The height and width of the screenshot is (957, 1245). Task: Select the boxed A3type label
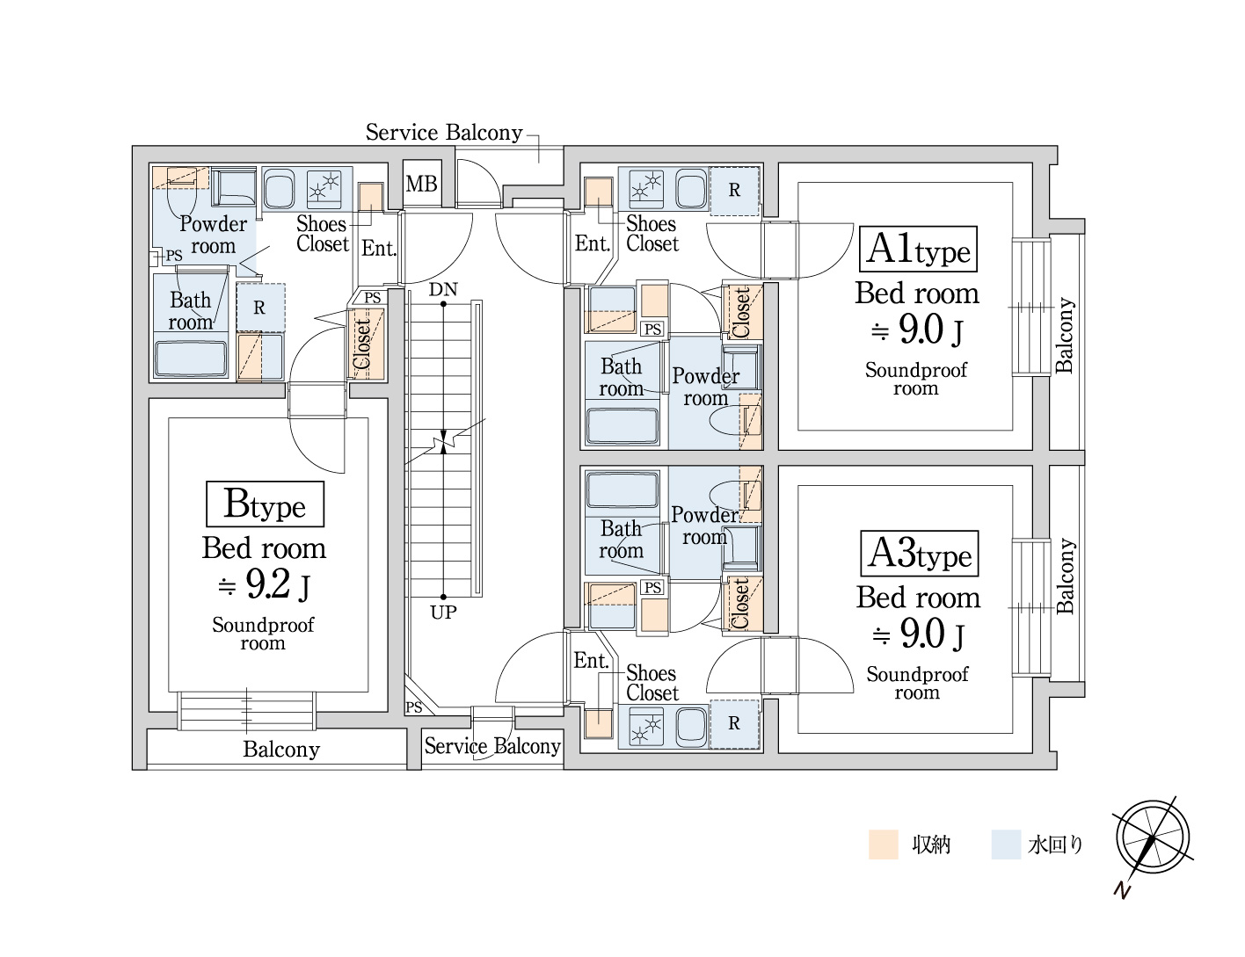coord(920,554)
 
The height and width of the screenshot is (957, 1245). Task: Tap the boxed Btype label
coord(265,504)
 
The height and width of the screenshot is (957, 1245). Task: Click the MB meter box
coord(421,184)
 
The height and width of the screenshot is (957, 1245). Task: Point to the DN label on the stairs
coord(443,289)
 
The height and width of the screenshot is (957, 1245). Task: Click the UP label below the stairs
coord(443,612)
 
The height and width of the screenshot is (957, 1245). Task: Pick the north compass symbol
coord(1152,838)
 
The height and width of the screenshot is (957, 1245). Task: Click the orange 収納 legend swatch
coord(883,845)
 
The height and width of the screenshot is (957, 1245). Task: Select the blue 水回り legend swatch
coord(1005,845)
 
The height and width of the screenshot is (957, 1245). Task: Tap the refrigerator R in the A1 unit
coord(734,190)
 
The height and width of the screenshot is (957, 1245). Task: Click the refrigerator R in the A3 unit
coord(734,723)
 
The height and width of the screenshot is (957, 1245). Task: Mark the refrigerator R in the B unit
coord(259,308)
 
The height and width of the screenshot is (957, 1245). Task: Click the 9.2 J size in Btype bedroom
coord(264,584)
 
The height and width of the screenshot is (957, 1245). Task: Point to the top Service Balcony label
coord(444,133)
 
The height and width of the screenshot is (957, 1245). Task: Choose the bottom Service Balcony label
coord(492,746)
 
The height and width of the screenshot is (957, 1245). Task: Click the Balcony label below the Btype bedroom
coord(281,750)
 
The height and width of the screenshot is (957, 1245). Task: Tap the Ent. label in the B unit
coord(379,249)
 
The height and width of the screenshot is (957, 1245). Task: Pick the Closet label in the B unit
coord(363,343)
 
